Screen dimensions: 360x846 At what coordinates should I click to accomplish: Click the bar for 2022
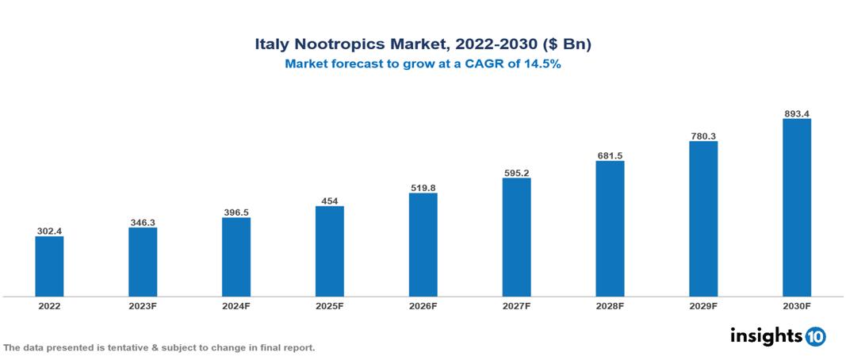click(x=49, y=266)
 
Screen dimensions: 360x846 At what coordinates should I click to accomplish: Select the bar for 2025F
click(x=329, y=251)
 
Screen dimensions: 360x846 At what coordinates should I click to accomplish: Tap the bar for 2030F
click(x=796, y=208)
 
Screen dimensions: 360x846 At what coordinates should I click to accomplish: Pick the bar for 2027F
click(x=516, y=237)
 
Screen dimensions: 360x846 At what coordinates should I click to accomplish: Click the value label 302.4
click(x=49, y=231)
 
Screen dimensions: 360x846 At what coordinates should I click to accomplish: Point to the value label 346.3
click(x=143, y=222)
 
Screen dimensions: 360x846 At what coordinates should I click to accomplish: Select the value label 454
click(x=329, y=201)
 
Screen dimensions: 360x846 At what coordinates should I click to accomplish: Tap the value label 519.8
click(x=423, y=188)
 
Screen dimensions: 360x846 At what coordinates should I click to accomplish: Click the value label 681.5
click(x=610, y=155)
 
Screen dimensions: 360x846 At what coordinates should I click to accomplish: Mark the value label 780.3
click(x=703, y=136)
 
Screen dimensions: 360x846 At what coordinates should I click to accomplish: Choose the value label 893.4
click(x=796, y=113)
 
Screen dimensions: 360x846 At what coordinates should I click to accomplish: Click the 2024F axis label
click(x=235, y=305)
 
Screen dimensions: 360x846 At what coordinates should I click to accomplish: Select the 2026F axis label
click(x=423, y=305)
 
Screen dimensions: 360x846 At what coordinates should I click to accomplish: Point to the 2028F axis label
click(x=610, y=305)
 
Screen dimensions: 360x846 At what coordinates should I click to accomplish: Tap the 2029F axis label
click(x=703, y=305)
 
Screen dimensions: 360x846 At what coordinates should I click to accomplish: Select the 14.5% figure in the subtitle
click(x=542, y=65)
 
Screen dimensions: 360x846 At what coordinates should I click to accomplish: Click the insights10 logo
click(x=777, y=336)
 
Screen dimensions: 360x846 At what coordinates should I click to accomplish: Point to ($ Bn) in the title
click(x=565, y=44)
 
